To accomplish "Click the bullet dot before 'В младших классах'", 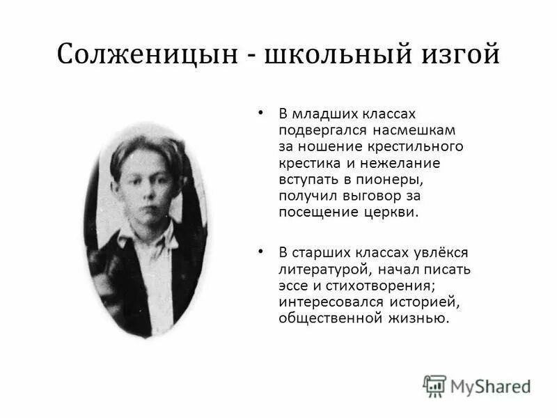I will (x=262, y=111).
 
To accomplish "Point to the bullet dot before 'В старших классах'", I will (x=262, y=249).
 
